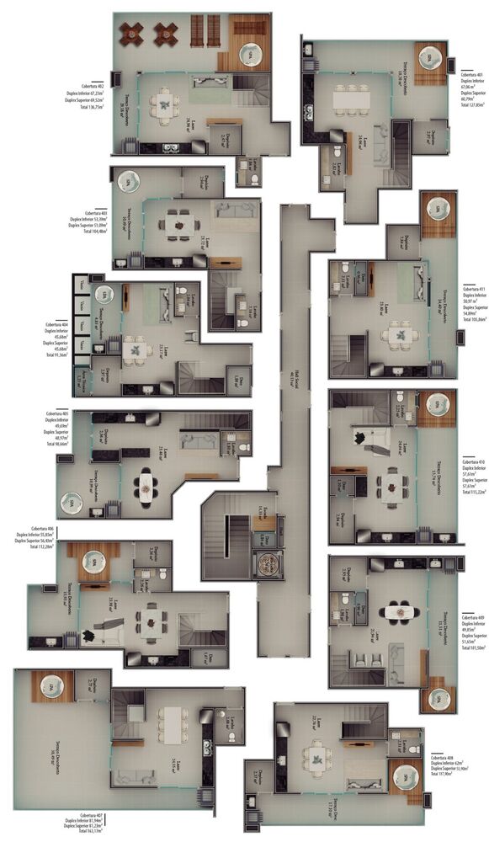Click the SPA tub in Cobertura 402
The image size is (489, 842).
(250, 55)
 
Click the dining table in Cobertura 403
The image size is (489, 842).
(180, 222)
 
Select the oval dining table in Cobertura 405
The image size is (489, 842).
(146, 486)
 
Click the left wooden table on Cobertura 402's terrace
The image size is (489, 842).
(131, 34)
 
